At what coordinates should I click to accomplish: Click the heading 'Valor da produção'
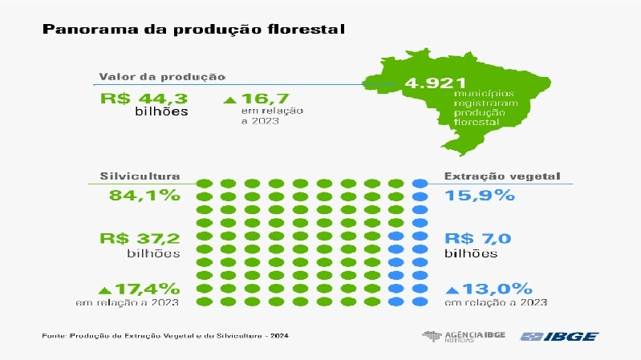(x=161, y=77)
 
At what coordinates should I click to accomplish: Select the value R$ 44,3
(x=144, y=99)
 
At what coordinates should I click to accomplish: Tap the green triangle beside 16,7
(x=229, y=100)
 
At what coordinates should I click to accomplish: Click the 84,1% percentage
(x=140, y=196)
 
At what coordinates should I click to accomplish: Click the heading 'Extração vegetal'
(x=502, y=176)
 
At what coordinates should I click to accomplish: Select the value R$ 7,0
(x=477, y=238)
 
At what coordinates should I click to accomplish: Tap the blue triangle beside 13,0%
(x=452, y=289)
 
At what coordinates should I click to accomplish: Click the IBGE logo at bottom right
(x=558, y=336)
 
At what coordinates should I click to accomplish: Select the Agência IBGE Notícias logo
(x=463, y=336)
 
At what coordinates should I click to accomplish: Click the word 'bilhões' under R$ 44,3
(x=161, y=111)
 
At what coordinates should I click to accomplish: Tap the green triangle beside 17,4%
(x=103, y=289)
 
